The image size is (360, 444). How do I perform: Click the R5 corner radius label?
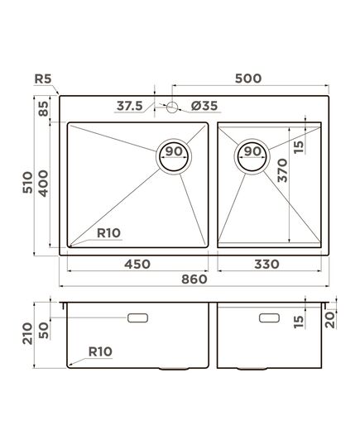pyautogui.click(x=43, y=79)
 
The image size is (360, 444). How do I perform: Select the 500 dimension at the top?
pyautogui.click(x=248, y=79)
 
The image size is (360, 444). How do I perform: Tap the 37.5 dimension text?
pyautogui.click(x=130, y=106)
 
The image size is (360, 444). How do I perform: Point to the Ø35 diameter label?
pyautogui.click(x=204, y=106)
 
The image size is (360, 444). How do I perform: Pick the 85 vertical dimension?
pyautogui.click(x=44, y=109)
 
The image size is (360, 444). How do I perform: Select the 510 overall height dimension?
pyautogui.click(x=28, y=183)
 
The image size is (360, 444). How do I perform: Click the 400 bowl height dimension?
pyautogui.click(x=44, y=184)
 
